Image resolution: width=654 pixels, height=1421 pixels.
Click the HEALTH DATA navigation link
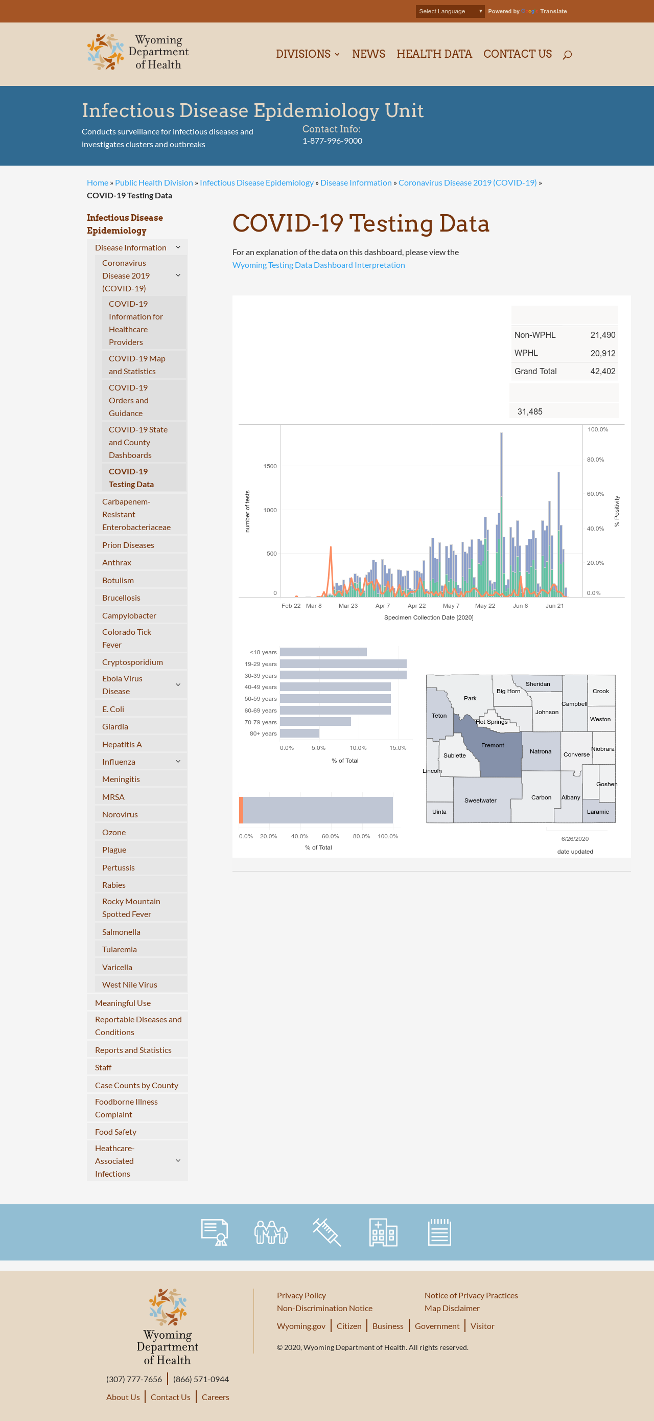434,54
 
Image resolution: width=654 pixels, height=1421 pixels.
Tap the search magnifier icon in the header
567,55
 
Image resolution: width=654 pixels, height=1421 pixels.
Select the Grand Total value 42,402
603,371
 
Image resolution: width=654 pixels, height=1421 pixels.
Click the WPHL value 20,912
603,353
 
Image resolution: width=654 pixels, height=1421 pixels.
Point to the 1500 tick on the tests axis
270,466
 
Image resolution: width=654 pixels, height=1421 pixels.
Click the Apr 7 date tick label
383,606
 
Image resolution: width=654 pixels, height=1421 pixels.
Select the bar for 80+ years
299,733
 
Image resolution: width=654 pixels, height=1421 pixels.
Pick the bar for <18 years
323,652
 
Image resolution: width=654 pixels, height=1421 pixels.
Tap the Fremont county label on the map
493,745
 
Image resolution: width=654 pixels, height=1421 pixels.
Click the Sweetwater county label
480,800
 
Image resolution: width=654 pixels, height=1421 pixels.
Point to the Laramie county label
598,811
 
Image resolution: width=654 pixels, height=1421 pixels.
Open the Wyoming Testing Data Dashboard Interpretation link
319,265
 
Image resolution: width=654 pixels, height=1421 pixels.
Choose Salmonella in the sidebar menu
121,932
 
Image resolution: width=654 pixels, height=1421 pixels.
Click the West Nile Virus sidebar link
130,984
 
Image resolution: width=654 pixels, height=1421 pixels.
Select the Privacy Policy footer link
301,1295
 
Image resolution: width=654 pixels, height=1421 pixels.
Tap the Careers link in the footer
215,1397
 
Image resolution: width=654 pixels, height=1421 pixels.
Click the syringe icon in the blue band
327,1232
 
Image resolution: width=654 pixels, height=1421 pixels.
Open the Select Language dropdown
450,11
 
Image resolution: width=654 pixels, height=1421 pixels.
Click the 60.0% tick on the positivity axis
595,494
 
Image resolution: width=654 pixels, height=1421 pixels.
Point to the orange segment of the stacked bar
241,810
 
